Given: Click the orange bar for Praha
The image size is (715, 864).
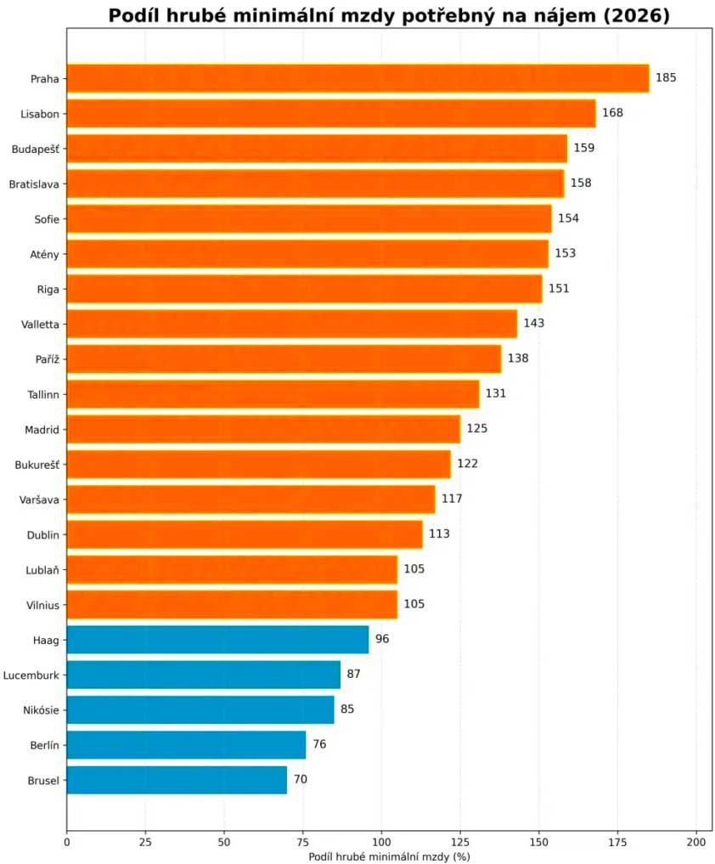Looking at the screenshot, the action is coord(357,78).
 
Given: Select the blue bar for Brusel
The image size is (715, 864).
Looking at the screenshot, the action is coord(177,780).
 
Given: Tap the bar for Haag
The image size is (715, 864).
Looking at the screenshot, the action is coord(217,640).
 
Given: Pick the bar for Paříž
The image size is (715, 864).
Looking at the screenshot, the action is coord(284,359).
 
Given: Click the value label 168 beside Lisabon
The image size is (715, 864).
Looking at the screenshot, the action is coord(612,113).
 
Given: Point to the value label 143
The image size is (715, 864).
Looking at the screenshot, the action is coord(534,324).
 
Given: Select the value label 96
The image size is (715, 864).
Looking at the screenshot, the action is coord(382,639).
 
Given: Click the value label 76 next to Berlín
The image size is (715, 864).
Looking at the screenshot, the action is coord(319,744).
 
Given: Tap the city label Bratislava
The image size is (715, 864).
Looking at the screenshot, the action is coord(34,184).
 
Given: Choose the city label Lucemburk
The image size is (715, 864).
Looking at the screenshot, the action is coord(31,675).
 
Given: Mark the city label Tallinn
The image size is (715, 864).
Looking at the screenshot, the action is coord(43,394).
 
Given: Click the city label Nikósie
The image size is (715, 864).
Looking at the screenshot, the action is coord(41,710).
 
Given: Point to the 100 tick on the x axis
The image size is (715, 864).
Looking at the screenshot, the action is coord(382,842).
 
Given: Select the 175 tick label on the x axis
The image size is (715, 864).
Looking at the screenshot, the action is coord(617,842).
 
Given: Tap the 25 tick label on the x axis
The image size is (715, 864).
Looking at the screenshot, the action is coord(145,842).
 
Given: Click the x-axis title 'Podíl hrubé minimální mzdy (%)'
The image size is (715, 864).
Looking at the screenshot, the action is coord(389,856).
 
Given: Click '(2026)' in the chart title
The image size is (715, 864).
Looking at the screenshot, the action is coord(637,15).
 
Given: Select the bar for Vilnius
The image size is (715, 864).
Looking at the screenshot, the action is coord(232,605).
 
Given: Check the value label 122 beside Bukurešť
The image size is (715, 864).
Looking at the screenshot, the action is coord(468,463).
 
